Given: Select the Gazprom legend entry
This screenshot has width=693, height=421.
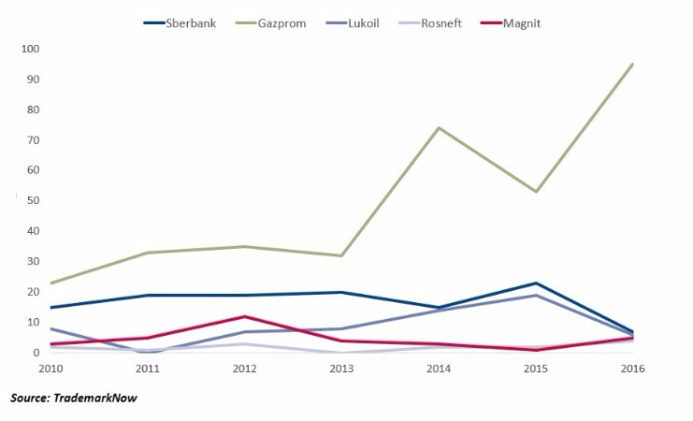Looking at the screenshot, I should point(282,22).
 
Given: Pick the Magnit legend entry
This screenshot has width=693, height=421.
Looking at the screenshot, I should point(535,22).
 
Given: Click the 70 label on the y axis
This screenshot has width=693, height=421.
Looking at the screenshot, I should point(31,140).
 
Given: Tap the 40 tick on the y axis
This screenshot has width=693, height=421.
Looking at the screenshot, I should point(31,231).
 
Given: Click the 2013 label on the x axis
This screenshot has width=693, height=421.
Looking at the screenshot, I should point(341,368).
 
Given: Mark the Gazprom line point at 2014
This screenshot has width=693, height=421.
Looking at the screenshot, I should point(438,127).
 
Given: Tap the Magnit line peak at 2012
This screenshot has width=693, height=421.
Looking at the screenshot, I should point(245,316).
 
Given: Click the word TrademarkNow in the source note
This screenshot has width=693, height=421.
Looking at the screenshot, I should point(97,398).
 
